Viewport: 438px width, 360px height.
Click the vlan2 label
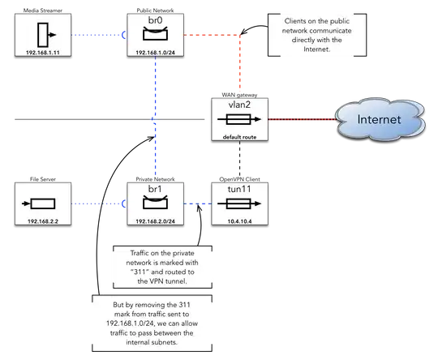click(238, 104)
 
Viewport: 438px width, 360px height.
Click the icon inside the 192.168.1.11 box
click(41, 35)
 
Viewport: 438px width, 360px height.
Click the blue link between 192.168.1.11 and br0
click(94, 35)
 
